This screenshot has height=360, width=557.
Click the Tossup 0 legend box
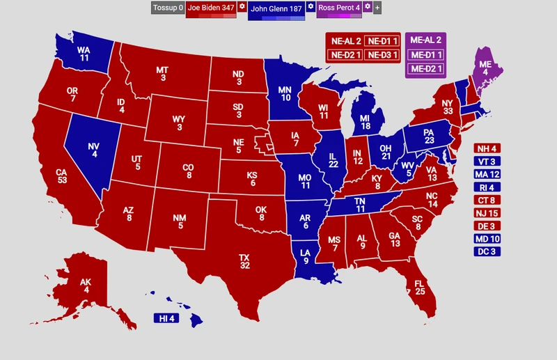pyautogui.click(x=168, y=8)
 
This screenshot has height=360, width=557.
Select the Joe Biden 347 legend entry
pyautogui.click(x=211, y=8)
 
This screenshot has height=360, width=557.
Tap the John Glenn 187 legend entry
pyautogui.click(x=276, y=8)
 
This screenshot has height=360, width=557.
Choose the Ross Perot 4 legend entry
pyautogui.click(x=339, y=8)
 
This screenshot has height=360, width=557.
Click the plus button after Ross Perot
pyautogui.click(x=377, y=8)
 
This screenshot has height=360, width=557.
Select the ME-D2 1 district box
pyautogui.click(x=426, y=68)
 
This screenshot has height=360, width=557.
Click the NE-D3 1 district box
pyautogui.click(x=382, y=54)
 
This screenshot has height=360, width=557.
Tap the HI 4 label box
pyautogui.click(x=166, y=318)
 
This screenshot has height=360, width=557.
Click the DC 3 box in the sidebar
pyautogui.click(x=487, y=251)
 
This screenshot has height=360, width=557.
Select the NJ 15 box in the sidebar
pyautogui.click(x=487, y=213)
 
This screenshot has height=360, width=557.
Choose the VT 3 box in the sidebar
pyautogui.click(x=487, y=161)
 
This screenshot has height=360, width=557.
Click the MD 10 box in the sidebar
pyautogui.click(x=487, y=239)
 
